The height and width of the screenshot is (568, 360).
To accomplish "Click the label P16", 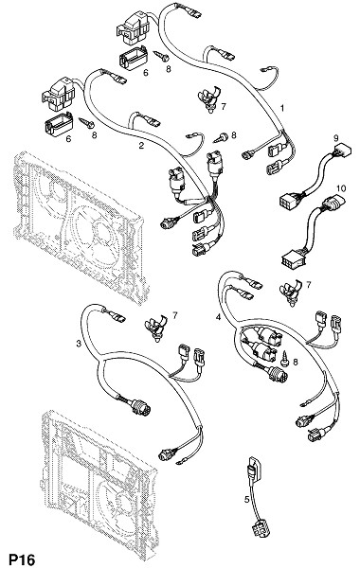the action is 22,559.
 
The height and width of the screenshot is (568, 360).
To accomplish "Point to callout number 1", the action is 282,108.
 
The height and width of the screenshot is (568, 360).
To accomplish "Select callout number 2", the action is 141,146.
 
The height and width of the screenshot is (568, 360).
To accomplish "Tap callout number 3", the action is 79,344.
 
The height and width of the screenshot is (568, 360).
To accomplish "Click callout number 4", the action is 218,317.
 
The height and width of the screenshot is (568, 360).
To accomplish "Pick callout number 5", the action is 247,500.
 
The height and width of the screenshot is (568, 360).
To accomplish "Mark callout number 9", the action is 335,137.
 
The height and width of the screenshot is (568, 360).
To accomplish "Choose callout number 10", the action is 341,188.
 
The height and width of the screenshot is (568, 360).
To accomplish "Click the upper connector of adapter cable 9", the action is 341,151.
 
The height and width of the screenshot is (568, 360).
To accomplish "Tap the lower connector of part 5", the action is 261,529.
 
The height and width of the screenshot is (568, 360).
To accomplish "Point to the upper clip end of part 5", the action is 253,468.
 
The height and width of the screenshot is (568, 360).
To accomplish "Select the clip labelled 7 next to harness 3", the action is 156,326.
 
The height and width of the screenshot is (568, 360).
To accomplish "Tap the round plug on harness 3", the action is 140,407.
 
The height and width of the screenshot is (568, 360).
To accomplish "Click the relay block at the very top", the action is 133,27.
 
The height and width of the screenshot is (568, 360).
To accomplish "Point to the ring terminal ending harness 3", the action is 181,463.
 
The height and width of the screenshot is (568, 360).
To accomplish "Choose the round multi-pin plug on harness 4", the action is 278,374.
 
